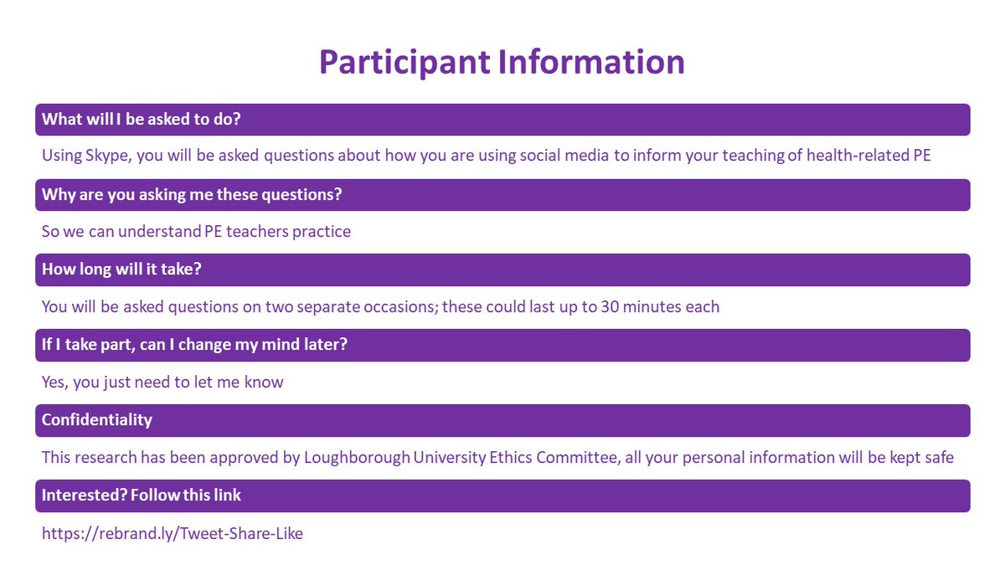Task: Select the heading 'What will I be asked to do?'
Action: [x=142, y=119]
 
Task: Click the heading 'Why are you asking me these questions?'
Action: [x=192, y=194]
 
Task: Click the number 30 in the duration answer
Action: [x=611, y=307]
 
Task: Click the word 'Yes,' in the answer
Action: [x=56, y=383]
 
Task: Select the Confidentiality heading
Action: [x=97, y=419]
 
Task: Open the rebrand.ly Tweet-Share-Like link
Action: [x=173, y=533]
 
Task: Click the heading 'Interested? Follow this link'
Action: [x=142, y=495]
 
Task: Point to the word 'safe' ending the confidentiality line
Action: [x=937, y=458]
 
